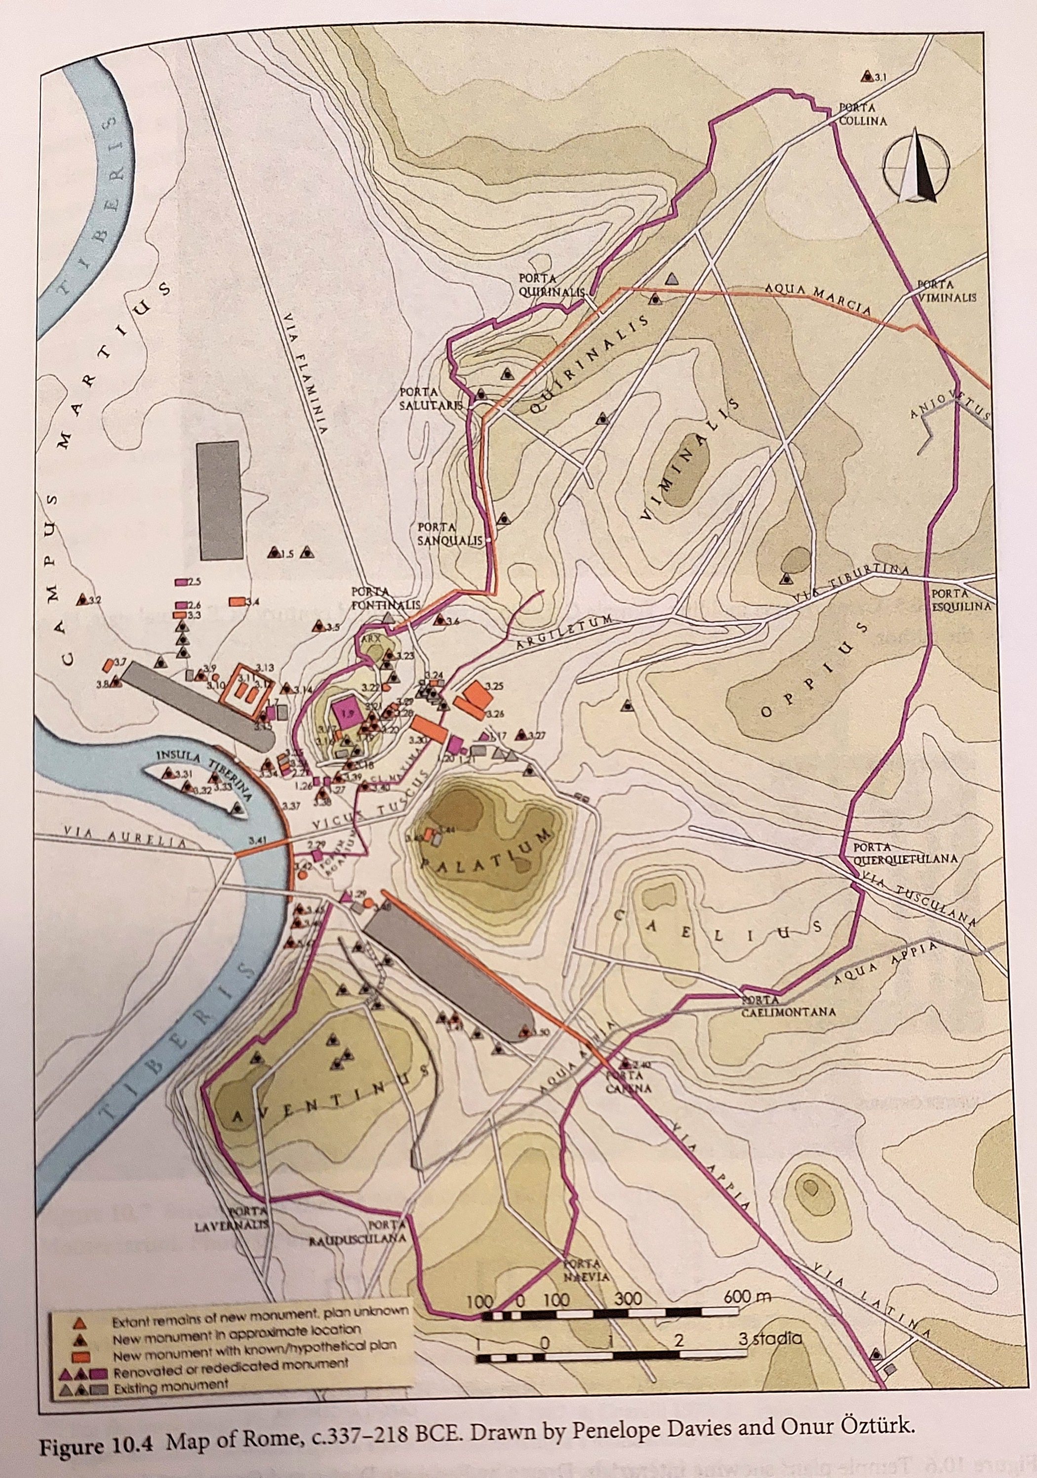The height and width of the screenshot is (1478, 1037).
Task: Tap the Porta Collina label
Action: click(863, 115)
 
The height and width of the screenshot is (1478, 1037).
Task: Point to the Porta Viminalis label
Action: click(946, 291)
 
